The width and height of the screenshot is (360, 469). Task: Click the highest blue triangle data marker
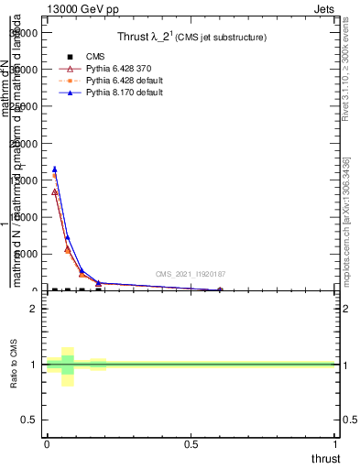tap(55, 169)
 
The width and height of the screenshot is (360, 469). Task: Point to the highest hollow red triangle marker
tap(55, 192)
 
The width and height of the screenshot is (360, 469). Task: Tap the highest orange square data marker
tap(55, 174)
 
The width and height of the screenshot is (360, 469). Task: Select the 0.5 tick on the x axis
tap(191, 445)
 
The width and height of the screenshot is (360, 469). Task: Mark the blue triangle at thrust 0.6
tap(220, 289)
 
